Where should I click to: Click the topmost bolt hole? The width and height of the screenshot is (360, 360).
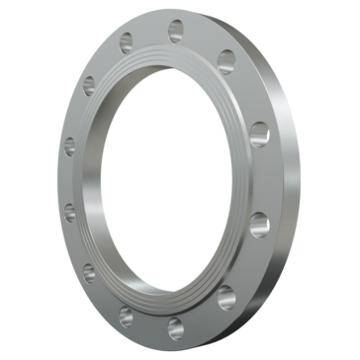coord(175,27)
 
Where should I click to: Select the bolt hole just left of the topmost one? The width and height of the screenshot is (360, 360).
coord(126,44)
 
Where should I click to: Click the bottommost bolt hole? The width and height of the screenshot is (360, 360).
coord(175,323)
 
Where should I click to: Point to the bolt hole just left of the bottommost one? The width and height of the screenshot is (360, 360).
coord(127,315)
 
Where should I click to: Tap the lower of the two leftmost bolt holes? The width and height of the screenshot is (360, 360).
coord(70,210)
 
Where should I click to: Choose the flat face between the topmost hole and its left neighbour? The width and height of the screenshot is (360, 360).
coord(150,33)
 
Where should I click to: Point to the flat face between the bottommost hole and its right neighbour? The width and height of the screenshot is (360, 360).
coord(202,312)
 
